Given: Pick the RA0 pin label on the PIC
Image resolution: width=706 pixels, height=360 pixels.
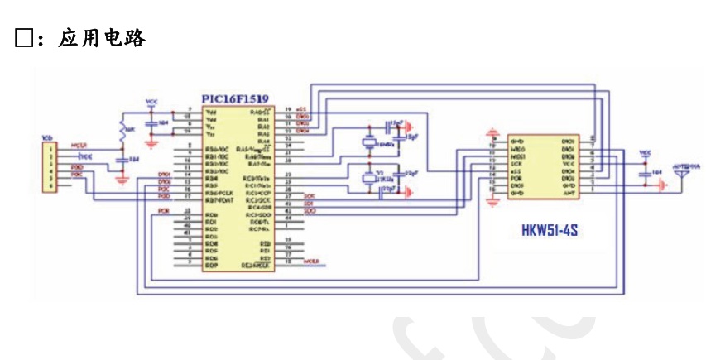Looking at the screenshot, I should [259, 111].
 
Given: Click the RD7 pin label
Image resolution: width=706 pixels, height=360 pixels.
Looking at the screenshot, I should [210, 264].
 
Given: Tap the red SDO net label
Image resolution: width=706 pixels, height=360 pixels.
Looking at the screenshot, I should [310, 211].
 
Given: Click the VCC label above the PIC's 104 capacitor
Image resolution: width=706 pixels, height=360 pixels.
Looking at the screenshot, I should [151, 101].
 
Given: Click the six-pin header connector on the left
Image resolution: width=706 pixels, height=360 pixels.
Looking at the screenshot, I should [50, 166].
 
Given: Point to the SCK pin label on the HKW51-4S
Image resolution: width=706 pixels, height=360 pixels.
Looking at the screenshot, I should [514, 164].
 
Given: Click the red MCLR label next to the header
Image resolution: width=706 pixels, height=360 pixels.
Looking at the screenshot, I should [79, 145].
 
